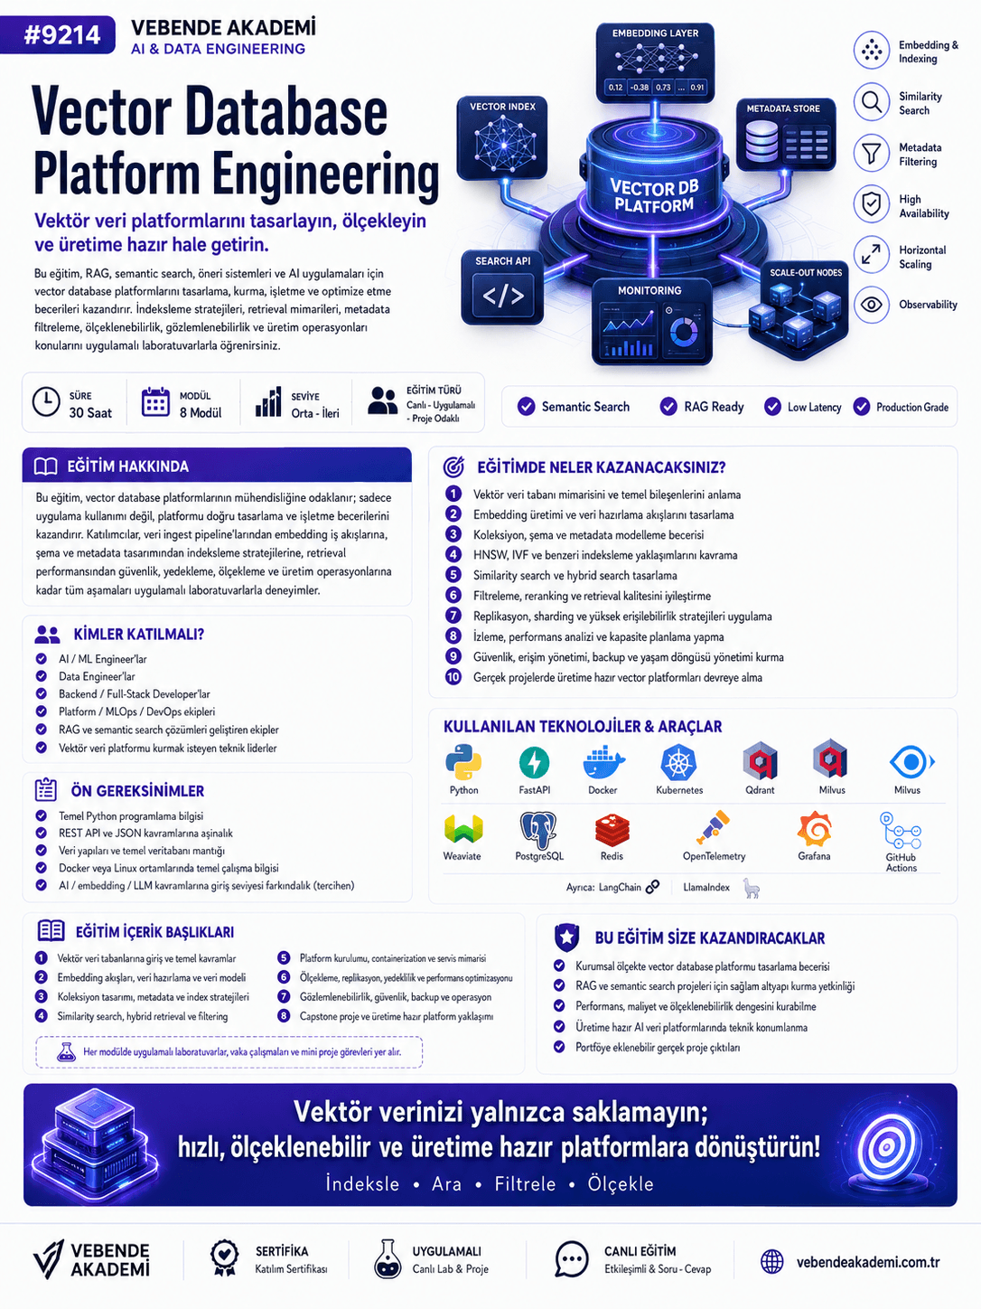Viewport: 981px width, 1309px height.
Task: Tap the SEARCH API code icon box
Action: (503, 296)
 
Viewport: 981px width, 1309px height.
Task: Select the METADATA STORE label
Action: (783, 108)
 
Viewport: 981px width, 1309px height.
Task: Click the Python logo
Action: (463, 761)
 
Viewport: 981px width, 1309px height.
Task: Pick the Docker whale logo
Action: (603, 762)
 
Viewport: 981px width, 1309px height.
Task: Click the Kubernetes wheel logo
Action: (678, 762)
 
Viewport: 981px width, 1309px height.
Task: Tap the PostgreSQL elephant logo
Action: (538, 830)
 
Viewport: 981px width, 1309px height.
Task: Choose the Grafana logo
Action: (814, 829)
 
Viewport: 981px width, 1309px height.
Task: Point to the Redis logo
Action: (612, 830)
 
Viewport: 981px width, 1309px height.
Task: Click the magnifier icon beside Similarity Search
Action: (872, 102)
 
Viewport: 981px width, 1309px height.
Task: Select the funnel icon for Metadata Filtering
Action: (872, 154)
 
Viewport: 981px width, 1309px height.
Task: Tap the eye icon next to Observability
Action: (872, 305)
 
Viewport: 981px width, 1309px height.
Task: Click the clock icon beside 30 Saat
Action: (46, 402)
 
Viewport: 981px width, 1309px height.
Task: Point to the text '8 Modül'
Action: (201, 412)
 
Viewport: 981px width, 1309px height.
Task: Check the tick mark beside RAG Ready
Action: (668, 407)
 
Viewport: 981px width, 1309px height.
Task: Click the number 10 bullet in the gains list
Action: (453, 677)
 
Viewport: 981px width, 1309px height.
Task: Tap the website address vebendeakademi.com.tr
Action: (868, 1262)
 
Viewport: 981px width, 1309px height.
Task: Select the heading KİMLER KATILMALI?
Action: (139, 634)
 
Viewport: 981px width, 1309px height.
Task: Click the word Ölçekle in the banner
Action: (621, 1183)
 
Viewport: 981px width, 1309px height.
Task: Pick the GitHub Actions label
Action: (901, 862)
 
